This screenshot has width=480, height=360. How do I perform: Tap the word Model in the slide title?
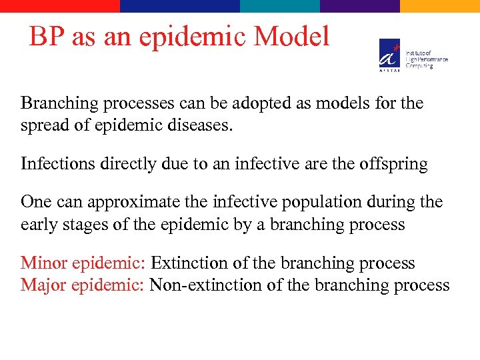point(297,37)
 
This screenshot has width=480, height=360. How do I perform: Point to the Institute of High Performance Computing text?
point(427,59)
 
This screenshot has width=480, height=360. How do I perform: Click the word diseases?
point(199,126)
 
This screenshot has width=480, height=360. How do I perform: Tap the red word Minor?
point(43,263)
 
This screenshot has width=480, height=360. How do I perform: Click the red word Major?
point(43,285)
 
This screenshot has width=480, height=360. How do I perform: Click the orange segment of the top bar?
point(440,5)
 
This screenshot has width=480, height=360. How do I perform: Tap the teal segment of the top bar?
point(280,5)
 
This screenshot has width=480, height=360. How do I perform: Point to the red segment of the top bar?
point(60,5)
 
